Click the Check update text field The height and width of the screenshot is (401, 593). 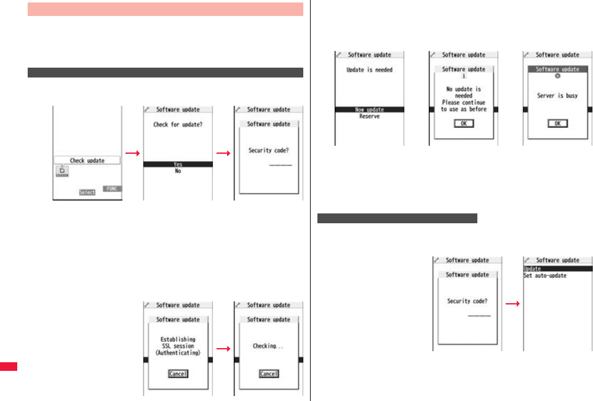click(87, 161)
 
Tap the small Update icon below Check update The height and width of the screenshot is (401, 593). click(62, 172)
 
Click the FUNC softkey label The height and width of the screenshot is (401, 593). click(111, 189)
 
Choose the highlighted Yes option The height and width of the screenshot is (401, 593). click(178, 164)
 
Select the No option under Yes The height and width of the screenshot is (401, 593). click(178, 172)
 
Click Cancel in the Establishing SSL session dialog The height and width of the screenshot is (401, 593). click(178, 374)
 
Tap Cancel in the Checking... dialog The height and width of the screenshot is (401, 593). click(269, 374)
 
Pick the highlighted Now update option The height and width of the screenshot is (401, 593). click(369, 109)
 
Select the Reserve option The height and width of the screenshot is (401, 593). click(369, 116)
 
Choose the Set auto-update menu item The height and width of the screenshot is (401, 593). click(545, 276)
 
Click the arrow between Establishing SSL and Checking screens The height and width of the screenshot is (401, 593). click(223, 349)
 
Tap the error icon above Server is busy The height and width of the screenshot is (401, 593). click(557, 76)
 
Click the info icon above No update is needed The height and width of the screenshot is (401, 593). click(464, 76)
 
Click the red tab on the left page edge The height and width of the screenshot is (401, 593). click(9, 367)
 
